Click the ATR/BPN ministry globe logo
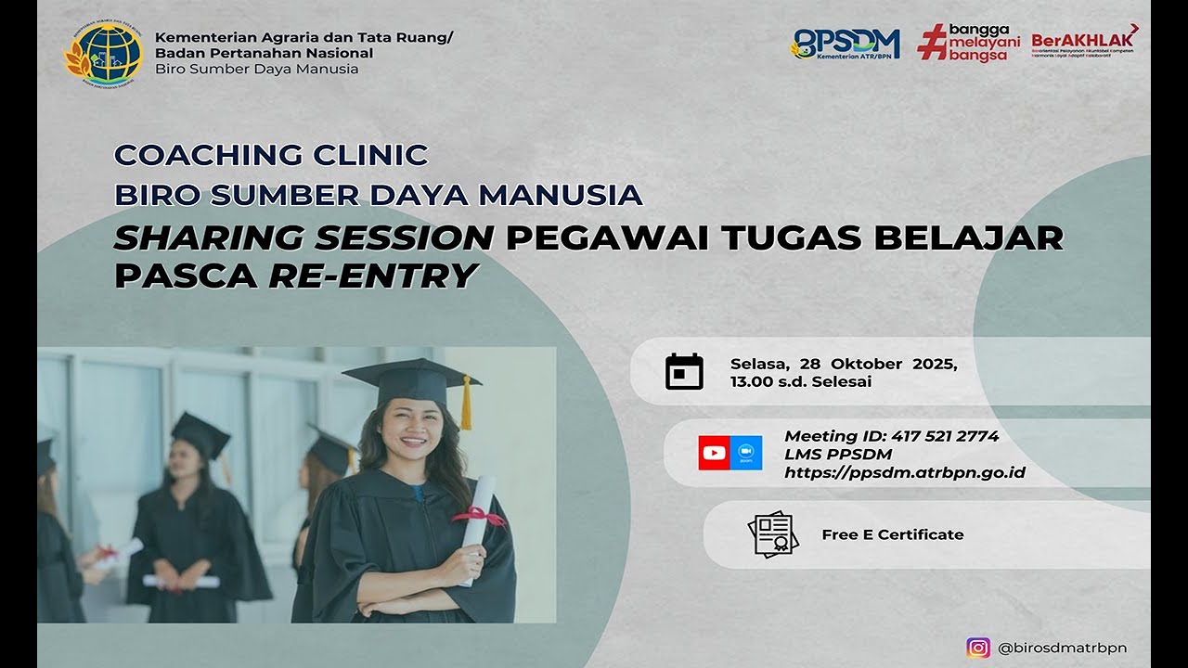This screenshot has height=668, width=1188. [x=103, y=53]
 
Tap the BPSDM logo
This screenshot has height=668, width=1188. [x=846, y=44]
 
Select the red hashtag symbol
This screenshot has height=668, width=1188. [x=931, y=42]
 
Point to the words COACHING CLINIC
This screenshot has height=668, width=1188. [x=271, y=154]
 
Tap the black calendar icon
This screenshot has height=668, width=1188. [x=684, y=372]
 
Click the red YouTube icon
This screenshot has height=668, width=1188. [x=714, y=453]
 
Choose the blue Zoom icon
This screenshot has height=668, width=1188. [x=745, y=453]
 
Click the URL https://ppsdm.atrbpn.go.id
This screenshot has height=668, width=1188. [x=905, y=473]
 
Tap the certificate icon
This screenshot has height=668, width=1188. [x=772, y=534]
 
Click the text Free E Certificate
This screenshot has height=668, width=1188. [x=893, y=534]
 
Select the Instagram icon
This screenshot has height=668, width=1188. [x=978, y=648]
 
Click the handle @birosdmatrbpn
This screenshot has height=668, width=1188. [x=1062, y=648]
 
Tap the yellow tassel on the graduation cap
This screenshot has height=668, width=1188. [x=466, y=404]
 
